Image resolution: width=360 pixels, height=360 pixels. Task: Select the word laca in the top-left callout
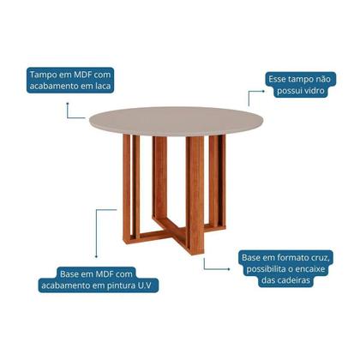tap(102, 86)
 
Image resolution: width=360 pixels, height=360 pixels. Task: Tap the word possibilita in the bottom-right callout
tap(267, 269)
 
